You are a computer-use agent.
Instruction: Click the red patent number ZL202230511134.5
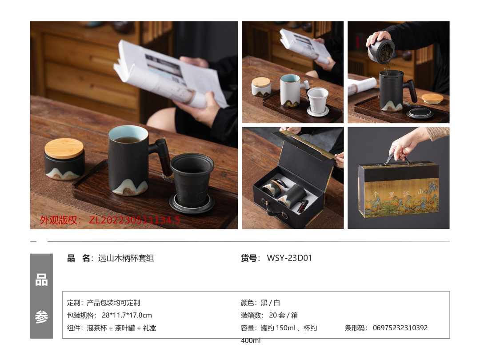pyautogui.click(x=134, y=220)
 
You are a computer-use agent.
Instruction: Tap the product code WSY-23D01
pyautogui.click(x=289, y=258)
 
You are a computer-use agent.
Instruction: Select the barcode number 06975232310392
pyautogui.click(x=400, y=328)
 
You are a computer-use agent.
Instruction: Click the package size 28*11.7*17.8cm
pyautogui.click(x=127, y=315)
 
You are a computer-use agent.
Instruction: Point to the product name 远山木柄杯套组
pyautogui.click(x=126, y=258)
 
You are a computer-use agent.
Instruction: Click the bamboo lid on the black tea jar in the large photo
pyautogui.click(x=64, y=148)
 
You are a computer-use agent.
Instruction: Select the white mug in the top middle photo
pyautogui.click(x=291, y=90)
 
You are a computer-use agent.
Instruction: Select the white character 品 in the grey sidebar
pyautogui.click(x=41, y=280)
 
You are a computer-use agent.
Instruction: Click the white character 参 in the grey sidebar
pyautogui.click(x=41, y=317)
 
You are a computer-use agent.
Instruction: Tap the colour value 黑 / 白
pyautogui.click(x=270, y=303)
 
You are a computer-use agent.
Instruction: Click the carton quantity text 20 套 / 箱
pyautogui.click(x=283, y=315)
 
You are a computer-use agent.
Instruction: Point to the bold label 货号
pyautogui.click(x=249, y=258)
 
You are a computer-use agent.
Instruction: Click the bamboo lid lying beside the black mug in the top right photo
pyautogui.click(x=432, y=99)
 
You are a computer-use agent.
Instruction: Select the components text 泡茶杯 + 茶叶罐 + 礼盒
pyautogui.click(x=121, y=328)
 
